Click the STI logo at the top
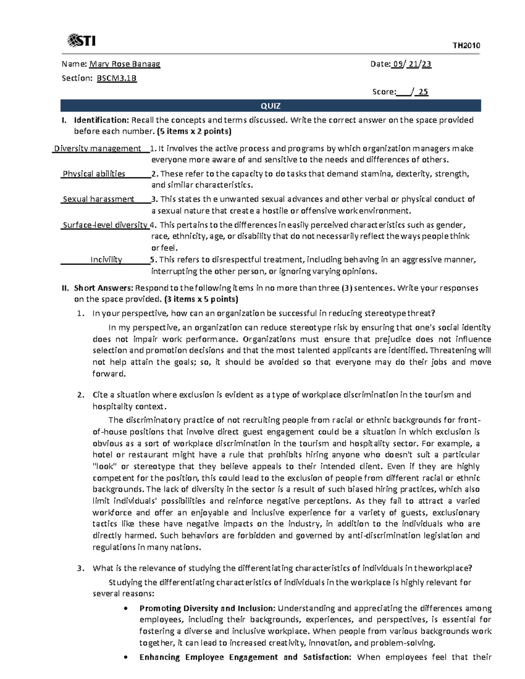pos(81,41)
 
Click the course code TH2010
pos(466,45)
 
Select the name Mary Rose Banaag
pos(125,64)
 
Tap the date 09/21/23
pos(412,64)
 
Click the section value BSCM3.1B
pos(116,78)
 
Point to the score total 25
pos(423,92)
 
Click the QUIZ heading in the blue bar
pos(270,106)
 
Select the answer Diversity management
pos(97,149)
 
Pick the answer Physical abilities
pos(94,174)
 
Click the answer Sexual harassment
pos(98,199)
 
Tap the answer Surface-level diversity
pos(105,225)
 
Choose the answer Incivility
pos(106,260)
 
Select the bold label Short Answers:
pos(103,288)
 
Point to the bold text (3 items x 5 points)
pos(201,299)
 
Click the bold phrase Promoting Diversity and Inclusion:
pos(207,608)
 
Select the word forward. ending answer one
pos(109,374)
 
